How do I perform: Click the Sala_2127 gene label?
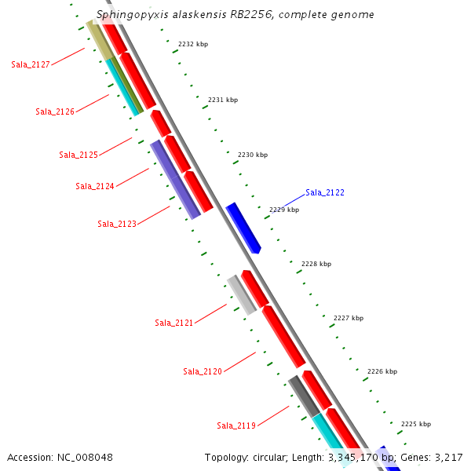pos(31,64)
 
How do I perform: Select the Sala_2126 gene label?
pos(55,111)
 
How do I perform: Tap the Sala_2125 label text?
pos(78,155)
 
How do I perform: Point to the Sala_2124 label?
pos(95,186)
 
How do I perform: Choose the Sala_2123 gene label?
pos(117,224)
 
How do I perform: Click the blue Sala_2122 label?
pos(325,192)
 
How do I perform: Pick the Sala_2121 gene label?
pos(174,323)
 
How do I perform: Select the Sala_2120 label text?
pos(203,371)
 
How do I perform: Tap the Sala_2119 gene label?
pos(236,425)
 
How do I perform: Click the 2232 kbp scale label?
pos(193,45)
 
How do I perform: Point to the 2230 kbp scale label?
pos(253,155)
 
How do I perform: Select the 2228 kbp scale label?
pos(316,264)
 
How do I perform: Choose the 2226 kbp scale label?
pos(382,371)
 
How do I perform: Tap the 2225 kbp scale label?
pos(416,424)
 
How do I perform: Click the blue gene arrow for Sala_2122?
pos(243,228)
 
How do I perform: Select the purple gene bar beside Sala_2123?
pos(175,179)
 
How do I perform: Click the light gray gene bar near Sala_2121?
pos(241,294)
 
